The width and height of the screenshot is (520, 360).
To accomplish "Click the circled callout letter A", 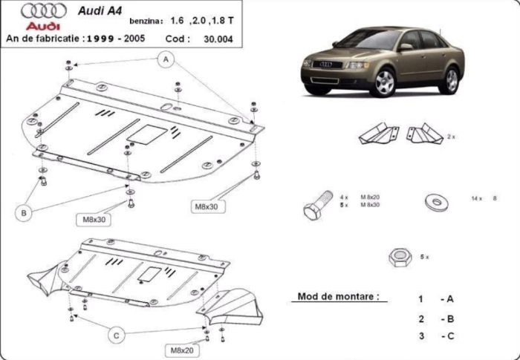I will coord(166,59).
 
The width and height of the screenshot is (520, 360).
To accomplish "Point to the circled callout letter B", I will coord(25,213).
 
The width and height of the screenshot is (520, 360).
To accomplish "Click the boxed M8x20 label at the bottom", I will coord(181,350).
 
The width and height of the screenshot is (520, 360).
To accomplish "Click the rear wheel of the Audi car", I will coord(449,79).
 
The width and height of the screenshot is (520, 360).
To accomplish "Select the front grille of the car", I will coord(325,65).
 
